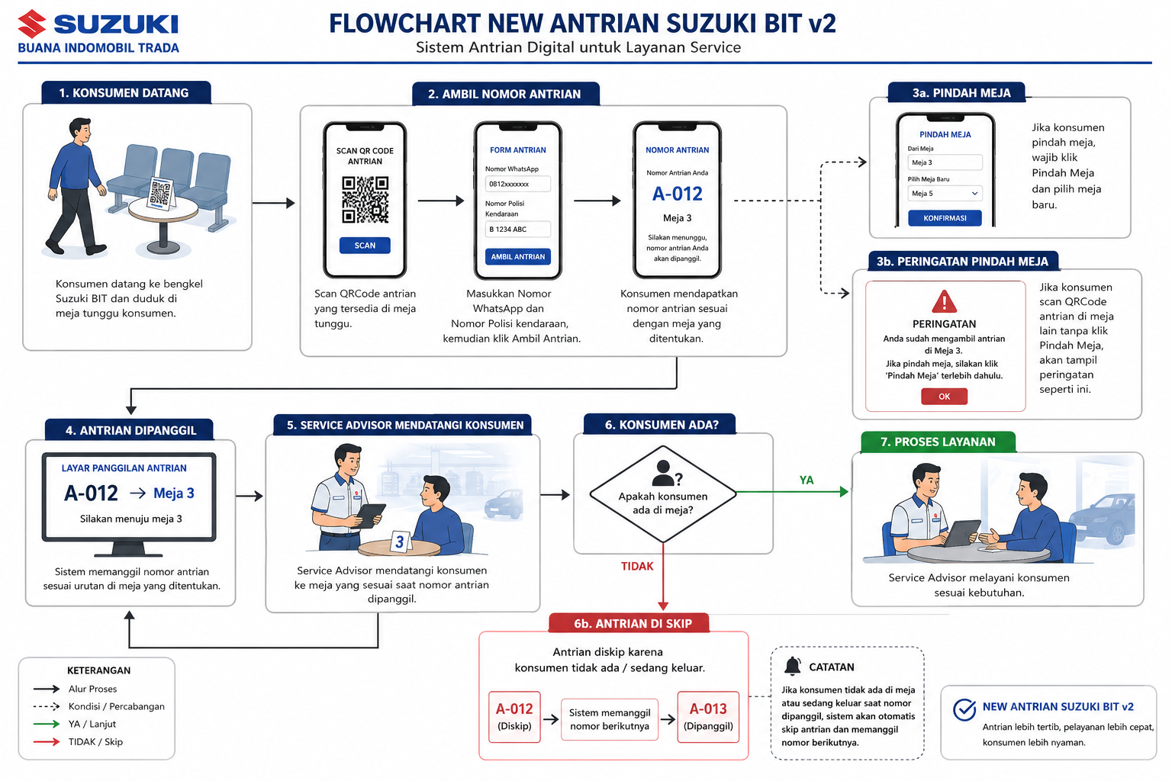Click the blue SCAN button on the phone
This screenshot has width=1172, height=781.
click(365, 246)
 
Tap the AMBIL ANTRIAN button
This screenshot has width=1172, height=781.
click(517, 256)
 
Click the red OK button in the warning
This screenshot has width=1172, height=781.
click(944, 396)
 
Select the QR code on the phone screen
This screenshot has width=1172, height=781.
click(365, 199)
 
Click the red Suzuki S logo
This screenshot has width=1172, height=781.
click(32, 24)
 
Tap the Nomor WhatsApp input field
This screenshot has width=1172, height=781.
click(517, 184)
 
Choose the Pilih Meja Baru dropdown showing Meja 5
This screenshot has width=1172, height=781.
click(945, 193)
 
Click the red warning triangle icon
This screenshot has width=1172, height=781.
click(945, 301)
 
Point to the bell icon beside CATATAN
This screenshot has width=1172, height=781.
click(793, 666)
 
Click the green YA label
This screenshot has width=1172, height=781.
click(807, 480)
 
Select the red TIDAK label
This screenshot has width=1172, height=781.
click(637, 566)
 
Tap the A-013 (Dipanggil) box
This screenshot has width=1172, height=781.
click(708, 717)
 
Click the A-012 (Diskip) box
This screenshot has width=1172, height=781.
click(514, 717)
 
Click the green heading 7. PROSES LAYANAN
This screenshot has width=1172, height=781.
click(938, 442)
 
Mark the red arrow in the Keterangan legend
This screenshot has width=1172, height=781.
click(46, 742)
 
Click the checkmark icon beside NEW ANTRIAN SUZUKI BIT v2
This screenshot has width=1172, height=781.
click(964, 709)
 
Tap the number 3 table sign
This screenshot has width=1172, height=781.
click(400, 542)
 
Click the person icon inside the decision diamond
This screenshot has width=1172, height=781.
click(663, 472)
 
